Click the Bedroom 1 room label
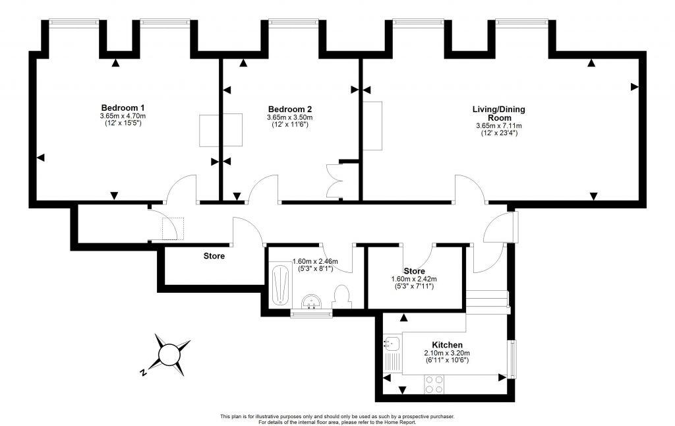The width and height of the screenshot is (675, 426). click(123, 108)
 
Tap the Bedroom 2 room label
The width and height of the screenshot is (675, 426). click(290, 109)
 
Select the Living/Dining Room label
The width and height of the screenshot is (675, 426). click(498, 113)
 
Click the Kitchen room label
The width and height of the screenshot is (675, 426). click(447, 345)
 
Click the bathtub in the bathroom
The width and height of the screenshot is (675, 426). click(280, 285)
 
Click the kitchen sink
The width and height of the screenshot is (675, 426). click(391, 344)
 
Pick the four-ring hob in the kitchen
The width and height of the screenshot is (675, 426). click(433, 384)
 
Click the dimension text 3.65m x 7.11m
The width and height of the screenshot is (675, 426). click(498, 126)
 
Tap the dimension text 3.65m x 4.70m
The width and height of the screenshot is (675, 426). click(123, 116)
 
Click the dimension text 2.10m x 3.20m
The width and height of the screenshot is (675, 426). click(446, 353)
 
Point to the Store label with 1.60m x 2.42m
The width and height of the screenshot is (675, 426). click(414, 271)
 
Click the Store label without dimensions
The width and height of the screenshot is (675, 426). click(214, 256)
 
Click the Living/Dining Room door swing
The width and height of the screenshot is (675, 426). click(469, 187)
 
